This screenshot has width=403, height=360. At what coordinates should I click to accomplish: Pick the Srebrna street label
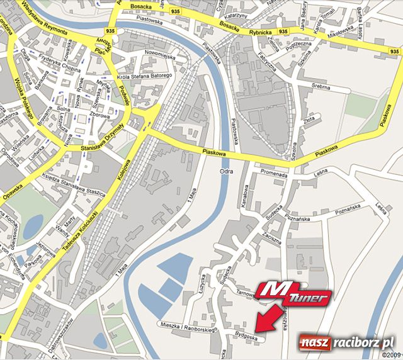point(321,88)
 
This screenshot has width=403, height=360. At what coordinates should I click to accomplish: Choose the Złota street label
point(309,119)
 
